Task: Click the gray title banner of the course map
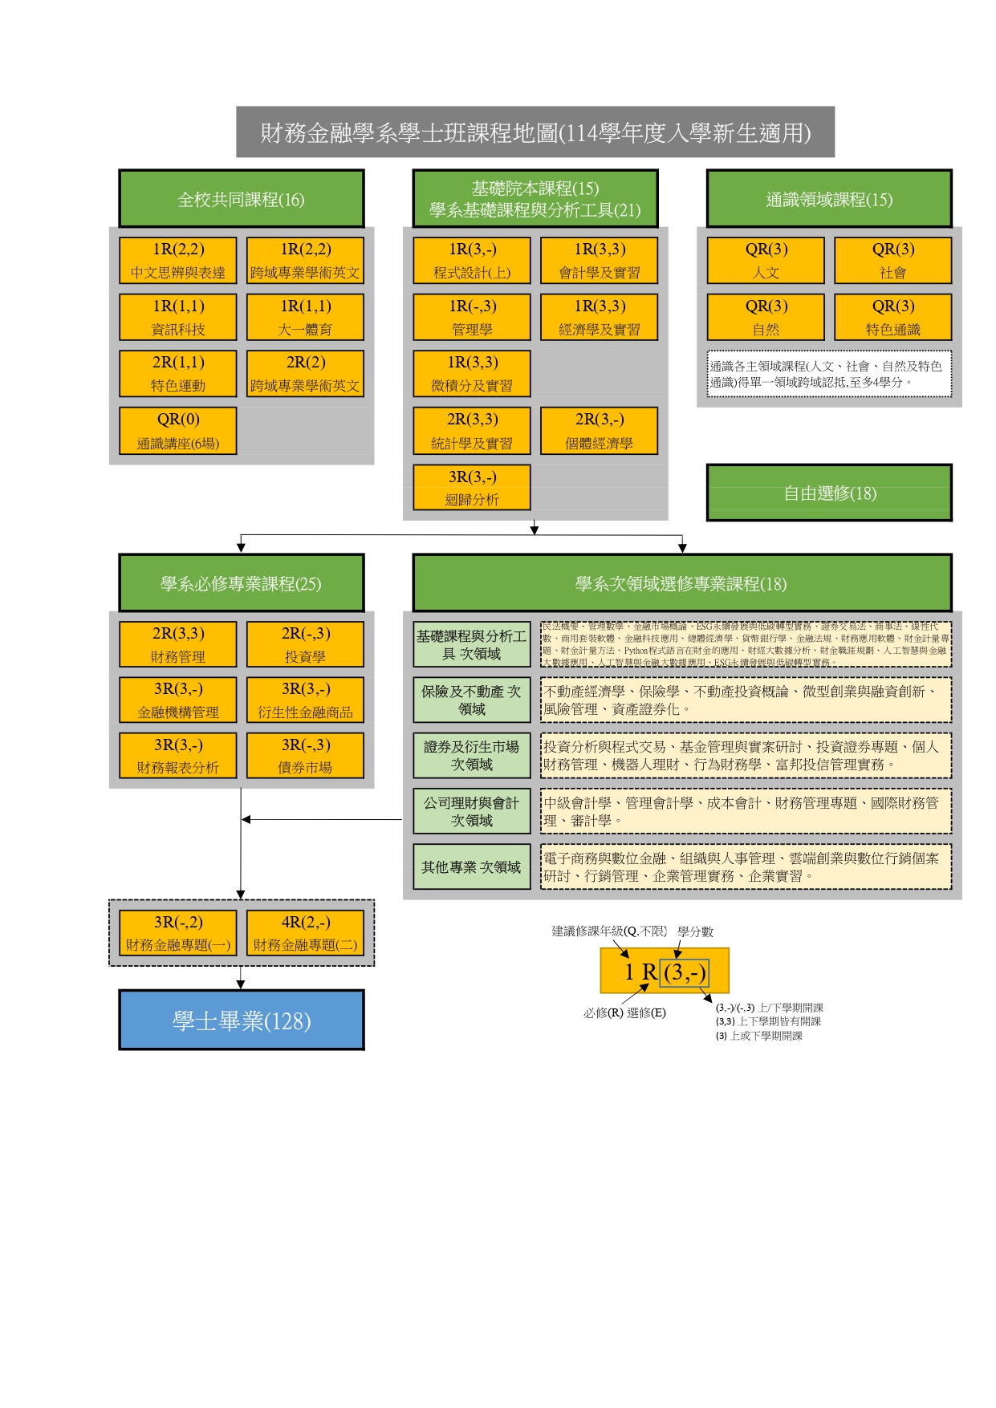coord(535,132)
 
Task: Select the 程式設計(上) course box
coord(472,261)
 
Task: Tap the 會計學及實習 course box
coord(599,261)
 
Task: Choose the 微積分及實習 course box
coord(472,374)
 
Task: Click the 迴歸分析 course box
coord(472,488)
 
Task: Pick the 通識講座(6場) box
coord(178,431)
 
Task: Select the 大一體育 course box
coord(305,318)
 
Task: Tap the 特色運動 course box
coord(178,374)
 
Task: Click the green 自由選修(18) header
coord(829,493)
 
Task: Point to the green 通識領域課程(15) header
coord(829,199)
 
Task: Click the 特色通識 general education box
coord(892,318)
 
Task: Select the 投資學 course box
coord(305,644)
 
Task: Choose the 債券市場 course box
coord(305,756)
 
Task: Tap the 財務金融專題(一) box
coord(178,933)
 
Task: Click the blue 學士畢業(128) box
coord(242,1020)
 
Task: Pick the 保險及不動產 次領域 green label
coord(472,700)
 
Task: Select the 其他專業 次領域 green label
coord(472,866)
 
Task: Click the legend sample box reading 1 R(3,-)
coord(665,972)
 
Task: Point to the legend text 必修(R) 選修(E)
coord(624,1012)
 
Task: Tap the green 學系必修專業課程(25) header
coord(242,583)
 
